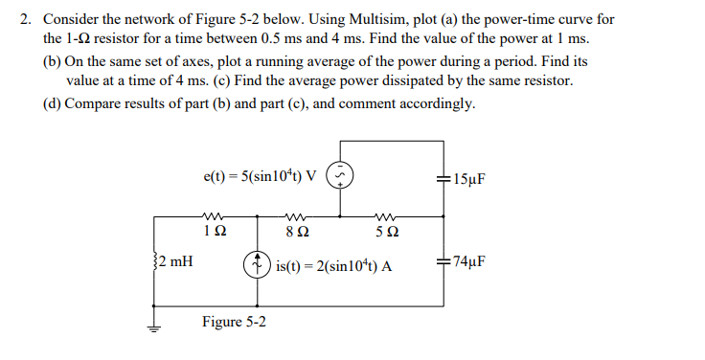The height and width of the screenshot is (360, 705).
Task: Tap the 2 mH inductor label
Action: point(172,259)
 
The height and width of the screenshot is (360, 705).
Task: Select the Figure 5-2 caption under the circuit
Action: point(234,322)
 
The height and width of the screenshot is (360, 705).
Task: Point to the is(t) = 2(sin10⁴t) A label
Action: point(333,265)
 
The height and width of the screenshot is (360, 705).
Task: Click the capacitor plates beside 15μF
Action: point(443,178)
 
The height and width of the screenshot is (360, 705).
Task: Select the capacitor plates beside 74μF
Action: point(443,259)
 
